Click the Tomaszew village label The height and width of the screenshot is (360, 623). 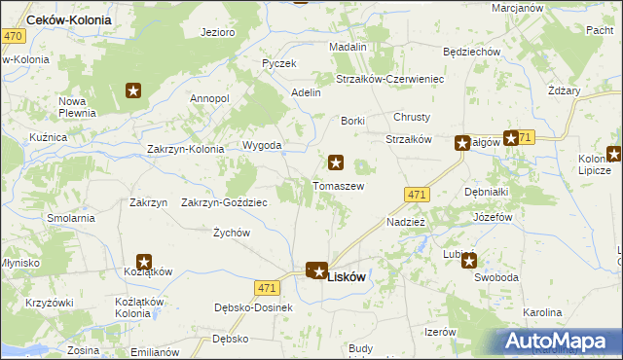[x=338, y=186]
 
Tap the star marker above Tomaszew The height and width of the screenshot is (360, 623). [x=337, y=163]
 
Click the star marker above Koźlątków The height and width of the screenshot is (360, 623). [x=144, y=262]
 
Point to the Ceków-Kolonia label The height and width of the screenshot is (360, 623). [x=69, y=19]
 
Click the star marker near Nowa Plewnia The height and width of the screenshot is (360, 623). [x=134, y=91]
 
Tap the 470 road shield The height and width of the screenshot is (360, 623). [x=12, y=36]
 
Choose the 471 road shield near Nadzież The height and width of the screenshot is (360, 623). [x=417, y=195]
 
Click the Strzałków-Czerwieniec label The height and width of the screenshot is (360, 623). [x=390, y=79]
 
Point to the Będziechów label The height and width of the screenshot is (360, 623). [x=471, y=52]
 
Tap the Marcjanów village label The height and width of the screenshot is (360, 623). [x=517, y=8]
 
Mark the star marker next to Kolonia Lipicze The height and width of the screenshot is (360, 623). [x=614, y=153]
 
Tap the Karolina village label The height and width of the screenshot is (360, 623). [x=542, y=312]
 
